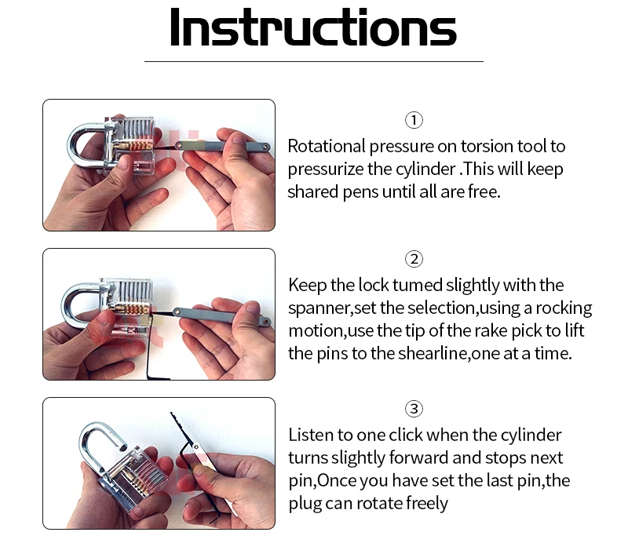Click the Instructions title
coord(313,27)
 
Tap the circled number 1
coord(414,120)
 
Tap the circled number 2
coord(414,259)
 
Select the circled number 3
coord(414,409)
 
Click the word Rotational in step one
coord(327,146)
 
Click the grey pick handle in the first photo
coord(223,146)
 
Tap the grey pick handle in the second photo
coord(221,315)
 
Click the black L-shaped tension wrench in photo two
coord(149,344)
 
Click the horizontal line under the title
coord(313,61)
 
